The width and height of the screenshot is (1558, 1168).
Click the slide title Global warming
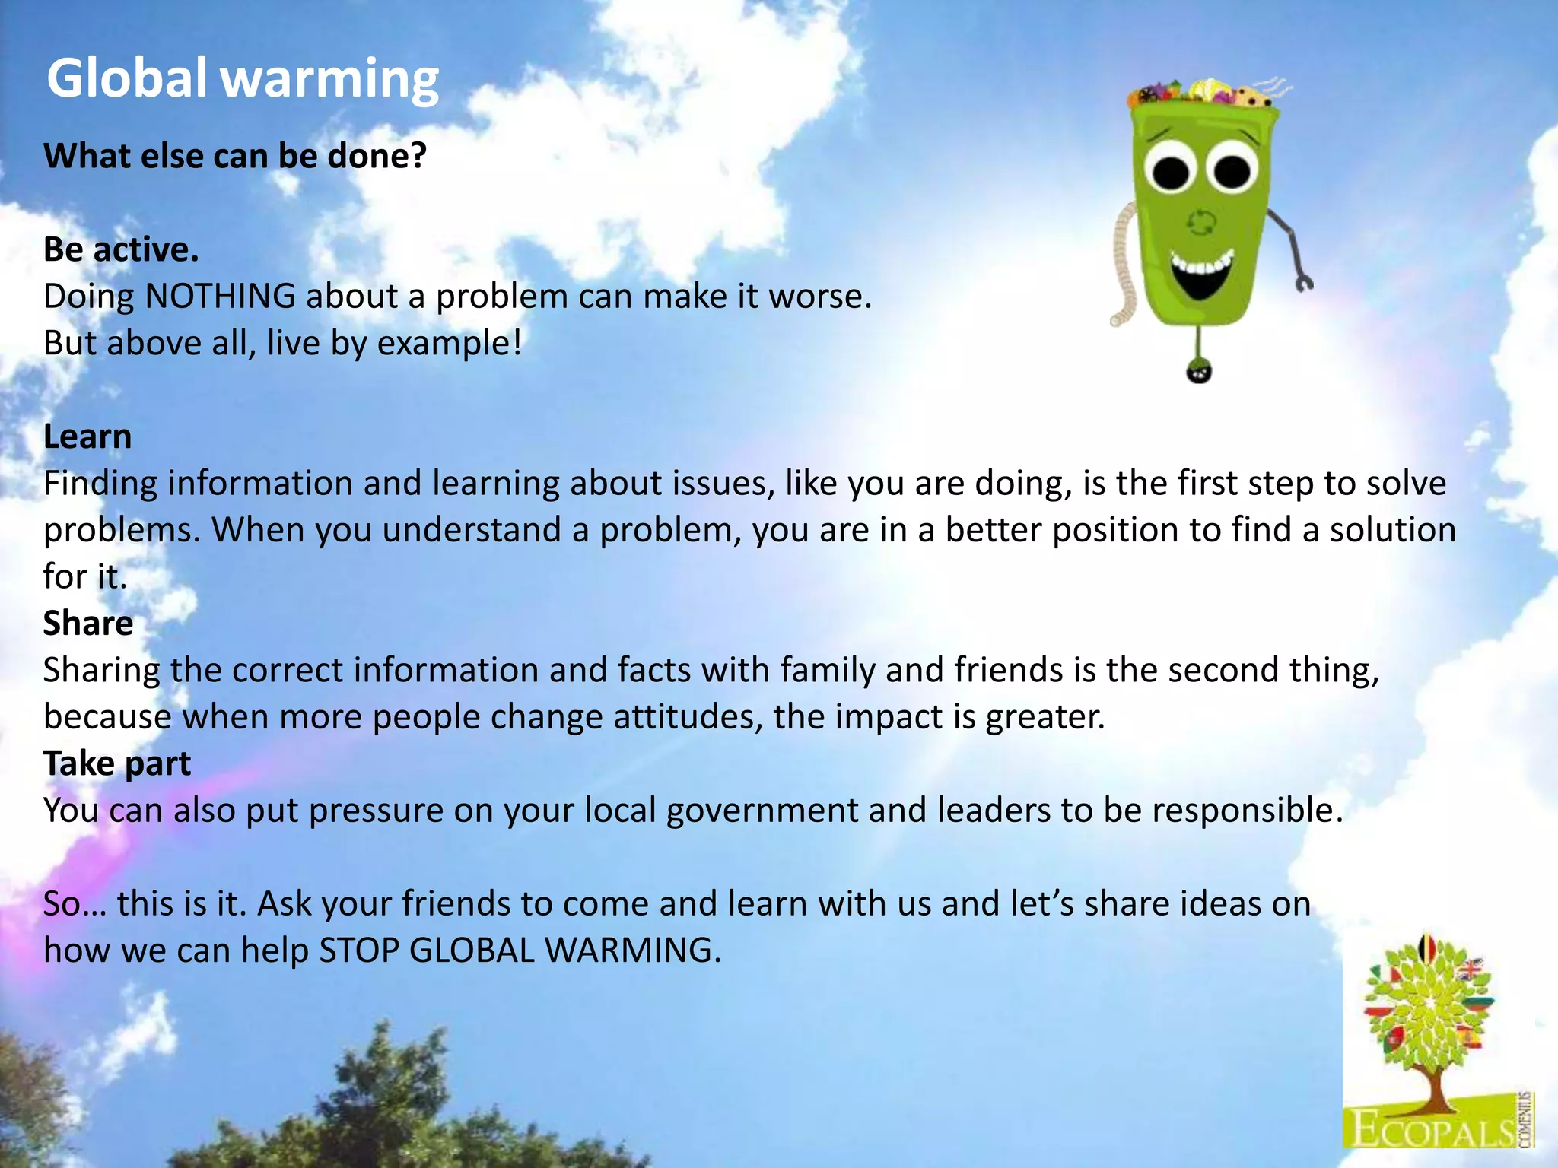coord(242,78)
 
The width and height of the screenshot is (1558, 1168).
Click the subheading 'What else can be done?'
coord(235,156)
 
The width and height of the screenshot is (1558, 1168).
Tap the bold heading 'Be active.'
coord(121,249)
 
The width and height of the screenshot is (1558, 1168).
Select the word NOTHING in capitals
coord(220,296)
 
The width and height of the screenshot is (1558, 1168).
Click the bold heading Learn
coord(87,436)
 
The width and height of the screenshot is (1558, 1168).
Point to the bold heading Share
coord(88,623)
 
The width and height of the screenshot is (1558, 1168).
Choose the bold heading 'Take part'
coord(117,763)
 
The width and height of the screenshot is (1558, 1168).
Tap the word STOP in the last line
coord(358,951)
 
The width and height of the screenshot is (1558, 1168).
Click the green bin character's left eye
coord(1171,171)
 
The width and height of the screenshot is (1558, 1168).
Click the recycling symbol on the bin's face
coord(1201,223)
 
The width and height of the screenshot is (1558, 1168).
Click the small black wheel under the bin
coord(1199,373)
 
